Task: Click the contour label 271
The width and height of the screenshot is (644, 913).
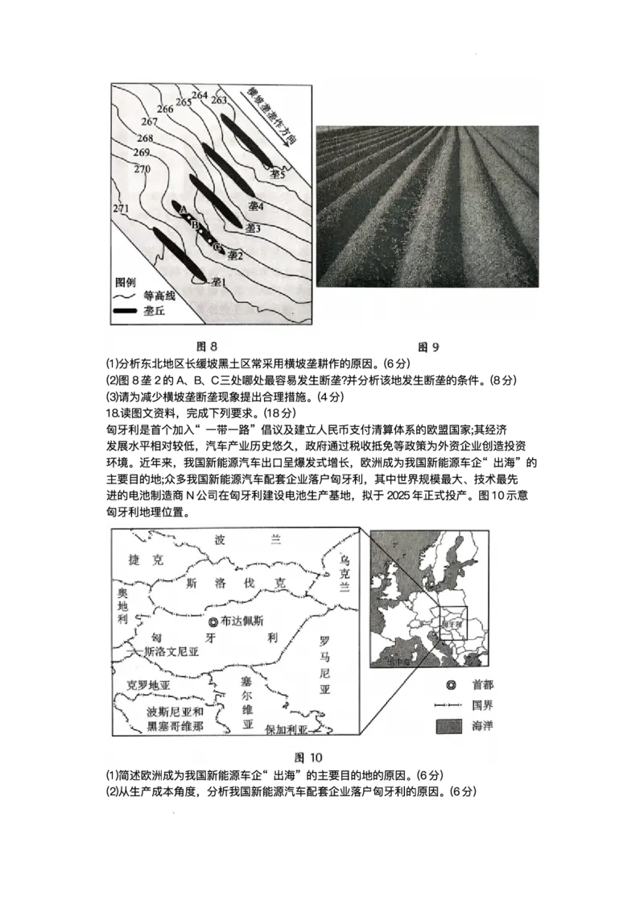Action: [x=122, y=209]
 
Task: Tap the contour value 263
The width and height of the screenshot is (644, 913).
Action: [x=218, y=100]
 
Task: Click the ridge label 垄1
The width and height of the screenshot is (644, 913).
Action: [x=218, y=282]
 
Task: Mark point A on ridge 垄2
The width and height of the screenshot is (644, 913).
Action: [x=183, y=209]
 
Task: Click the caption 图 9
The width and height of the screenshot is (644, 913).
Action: [x=428, y=347]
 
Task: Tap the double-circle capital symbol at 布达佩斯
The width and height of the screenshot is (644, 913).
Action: [x=212, y=621]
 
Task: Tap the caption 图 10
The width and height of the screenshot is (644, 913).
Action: [x=308, y=757]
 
